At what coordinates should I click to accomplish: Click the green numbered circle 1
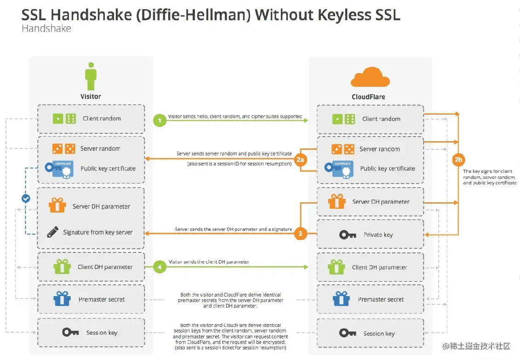click(160, 120)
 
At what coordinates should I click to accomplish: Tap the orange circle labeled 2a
click(300, 160)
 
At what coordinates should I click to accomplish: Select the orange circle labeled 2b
click(458, 160)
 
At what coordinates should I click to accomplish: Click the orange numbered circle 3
click(300, 234)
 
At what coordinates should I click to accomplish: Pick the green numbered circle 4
click(160, 267)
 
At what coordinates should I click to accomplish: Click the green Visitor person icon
click(91, 76)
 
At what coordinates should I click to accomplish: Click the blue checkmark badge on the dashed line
click(26, 199)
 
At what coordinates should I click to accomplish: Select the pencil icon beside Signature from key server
click(53, 232)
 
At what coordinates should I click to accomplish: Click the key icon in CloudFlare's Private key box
click(348, 235)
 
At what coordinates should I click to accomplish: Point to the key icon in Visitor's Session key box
click(70, 332)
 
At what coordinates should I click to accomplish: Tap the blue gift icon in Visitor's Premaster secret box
click(62, 298)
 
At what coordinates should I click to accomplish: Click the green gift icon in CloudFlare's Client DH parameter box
click(337, 267)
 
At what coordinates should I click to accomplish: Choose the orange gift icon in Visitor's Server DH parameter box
click(57, 205)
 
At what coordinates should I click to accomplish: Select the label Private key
click(378, 234)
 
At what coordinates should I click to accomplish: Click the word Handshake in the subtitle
click(46, 29)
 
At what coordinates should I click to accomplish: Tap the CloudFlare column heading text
click(368, 97)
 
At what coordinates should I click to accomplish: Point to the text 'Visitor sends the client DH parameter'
click(209, 262)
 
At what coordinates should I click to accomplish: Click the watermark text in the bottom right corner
click(476, 346)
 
